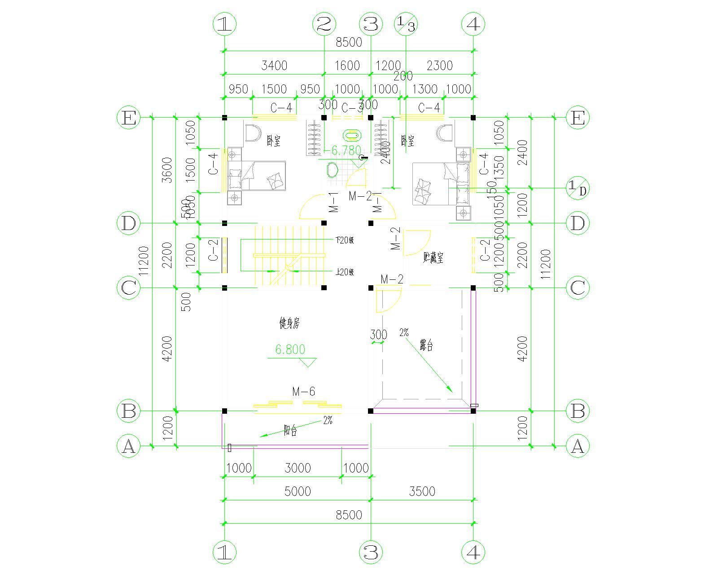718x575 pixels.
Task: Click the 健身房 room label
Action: tap(289, 323)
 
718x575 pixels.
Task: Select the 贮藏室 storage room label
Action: tap(433, 257)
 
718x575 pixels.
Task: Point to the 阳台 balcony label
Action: tap(290, 431)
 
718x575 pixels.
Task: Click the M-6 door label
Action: tap(303, 392)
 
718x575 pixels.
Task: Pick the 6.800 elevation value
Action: tap(290, 349)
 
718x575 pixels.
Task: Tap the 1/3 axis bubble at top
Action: tap(406, 24)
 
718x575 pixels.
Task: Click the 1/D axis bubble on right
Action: tap(577, 188)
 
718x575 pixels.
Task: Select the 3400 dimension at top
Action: tap(274, 66)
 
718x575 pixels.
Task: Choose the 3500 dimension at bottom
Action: tap(422, 491)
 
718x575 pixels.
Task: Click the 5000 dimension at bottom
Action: tap(298, 491)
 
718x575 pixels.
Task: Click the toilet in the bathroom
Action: tap(332, 171)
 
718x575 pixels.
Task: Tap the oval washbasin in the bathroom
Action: tap(351, 135)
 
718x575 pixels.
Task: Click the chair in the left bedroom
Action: tap(252, 133)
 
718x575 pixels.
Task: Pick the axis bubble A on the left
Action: tap(128, 447)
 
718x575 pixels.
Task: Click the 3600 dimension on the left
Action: tap(167, 170)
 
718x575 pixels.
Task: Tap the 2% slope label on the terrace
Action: tap(404, 333)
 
